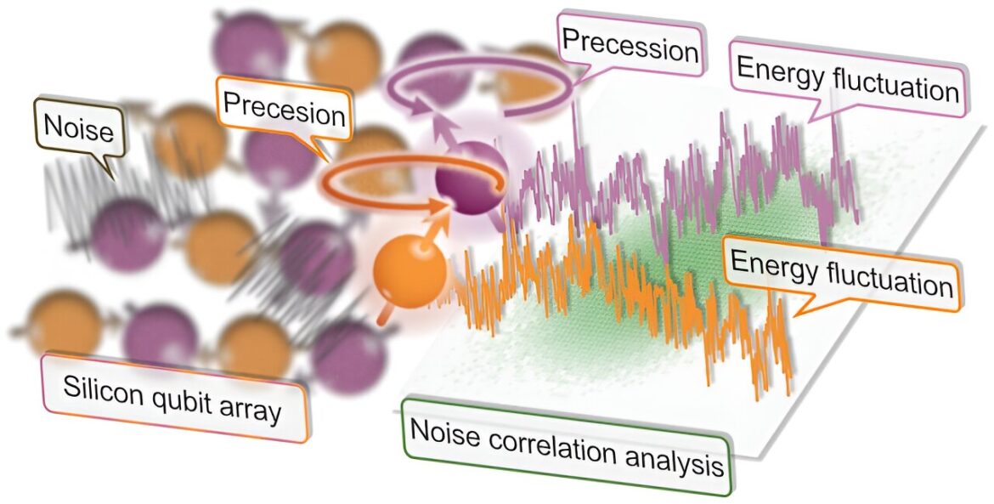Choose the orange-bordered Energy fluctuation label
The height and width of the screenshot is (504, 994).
click(841, 273)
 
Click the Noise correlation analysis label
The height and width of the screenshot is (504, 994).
click(567, 446)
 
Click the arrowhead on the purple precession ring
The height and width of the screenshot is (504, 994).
click(412, 108)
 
